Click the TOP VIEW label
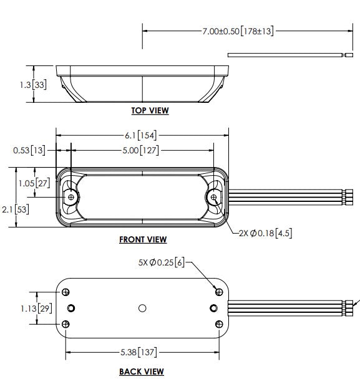[x=150, y=110]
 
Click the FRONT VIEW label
[x=143, y=239]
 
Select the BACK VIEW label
[x=142, y=372]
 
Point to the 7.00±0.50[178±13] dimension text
[x=238, y=31]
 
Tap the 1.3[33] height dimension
[x=33, y=85]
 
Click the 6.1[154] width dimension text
[x=141, y=135]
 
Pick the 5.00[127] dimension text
[x=140, y=150]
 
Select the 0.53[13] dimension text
[x=29, y=150]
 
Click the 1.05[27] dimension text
[x=34, y=183]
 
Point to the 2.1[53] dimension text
[x=16, y=209]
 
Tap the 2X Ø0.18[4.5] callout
[x=265, y=234]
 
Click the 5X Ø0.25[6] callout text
[x=162, y=262]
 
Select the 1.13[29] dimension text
[x=36, y=308]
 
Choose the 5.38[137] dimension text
[x=139, y=352]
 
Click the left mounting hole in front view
[x=71, y=197]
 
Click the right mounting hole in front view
[x=213, y=197]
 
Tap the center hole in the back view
[x=142, y=308]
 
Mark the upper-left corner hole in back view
[x=66, y=292]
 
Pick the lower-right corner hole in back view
[x=219, y=324]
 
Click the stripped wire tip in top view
[x=349, y=55]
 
